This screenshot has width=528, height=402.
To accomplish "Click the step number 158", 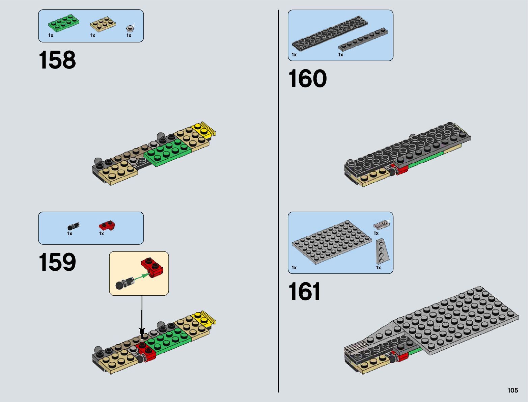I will point(57,60).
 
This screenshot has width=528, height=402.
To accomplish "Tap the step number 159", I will point(57,262).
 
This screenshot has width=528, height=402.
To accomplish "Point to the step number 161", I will point(304,292).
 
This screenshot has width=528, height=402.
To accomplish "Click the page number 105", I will point(512,390).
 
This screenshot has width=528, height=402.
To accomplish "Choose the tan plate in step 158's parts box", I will point(103,25).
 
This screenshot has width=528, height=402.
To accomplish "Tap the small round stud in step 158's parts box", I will point(130,28).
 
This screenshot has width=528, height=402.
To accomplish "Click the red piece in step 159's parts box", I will point(107,225).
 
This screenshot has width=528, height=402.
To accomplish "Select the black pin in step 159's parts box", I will point(73,226).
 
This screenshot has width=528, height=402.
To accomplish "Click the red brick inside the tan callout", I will point(152,267).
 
